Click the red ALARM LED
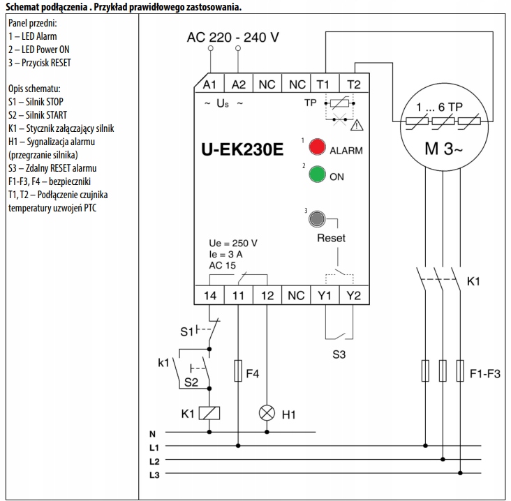click(x=317, y=147)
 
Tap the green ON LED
click(x=317, y=174)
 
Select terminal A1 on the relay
click(x=209, y=84)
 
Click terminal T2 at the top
click(x=354, y=84)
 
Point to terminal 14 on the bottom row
click(x=210, y=295)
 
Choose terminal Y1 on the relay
click(x=325, y=295)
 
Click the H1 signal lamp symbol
click(x=267, y=413)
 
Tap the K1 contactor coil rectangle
click(x=209, y=413)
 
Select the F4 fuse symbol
click(x=238, y=371)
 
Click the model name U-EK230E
click(x=242, y=149)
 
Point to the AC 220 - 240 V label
click(x=233, y=38)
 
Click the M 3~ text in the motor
click(x=443, y=149)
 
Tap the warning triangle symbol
click(x=357, y=125)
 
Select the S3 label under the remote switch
click(x=339, y=354)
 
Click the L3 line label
click(x=154, y=475)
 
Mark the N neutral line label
click(x=152, y=434)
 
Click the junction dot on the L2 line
click(x=443, y=459)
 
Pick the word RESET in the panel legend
click(x=61, y=63)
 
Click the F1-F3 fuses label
click(x=485, y=373)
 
